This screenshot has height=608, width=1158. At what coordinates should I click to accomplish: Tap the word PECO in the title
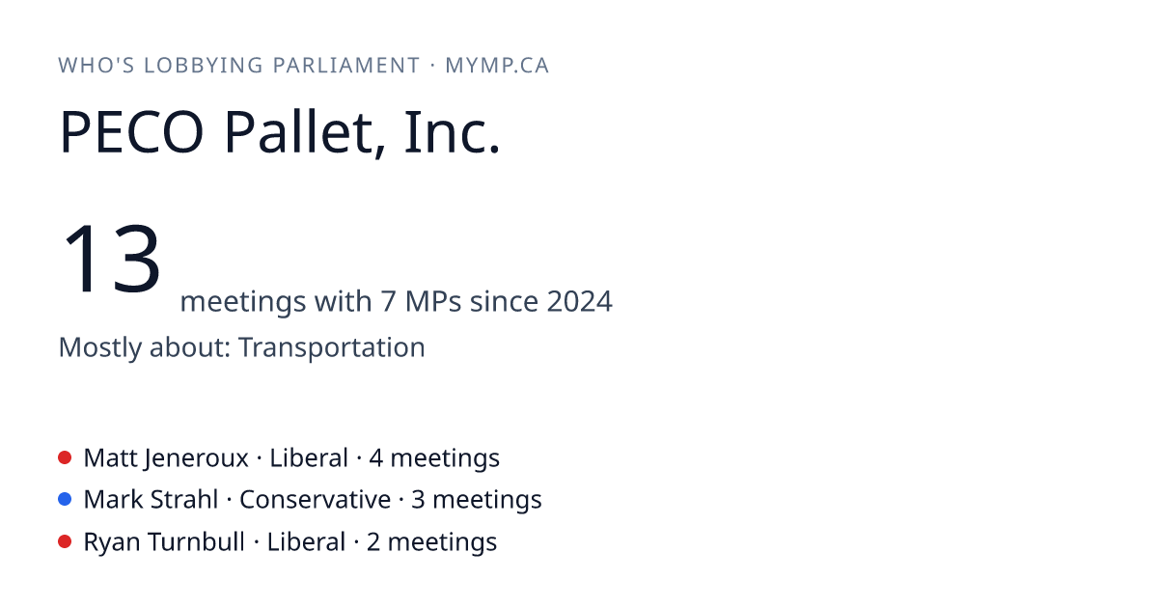[132, 132]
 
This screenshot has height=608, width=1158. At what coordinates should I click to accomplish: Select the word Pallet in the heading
[299, 133]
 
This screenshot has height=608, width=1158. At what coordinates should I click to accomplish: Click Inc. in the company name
[452, 132]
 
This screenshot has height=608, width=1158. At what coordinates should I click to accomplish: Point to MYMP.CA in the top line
[497, 66]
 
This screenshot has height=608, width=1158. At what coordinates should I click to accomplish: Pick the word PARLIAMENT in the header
[346, 66]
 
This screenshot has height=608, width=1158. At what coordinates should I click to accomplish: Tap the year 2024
[580, 301]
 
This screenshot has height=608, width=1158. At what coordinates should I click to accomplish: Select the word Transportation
[331, 346]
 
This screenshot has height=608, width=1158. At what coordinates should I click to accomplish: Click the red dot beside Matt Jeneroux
[65, 457]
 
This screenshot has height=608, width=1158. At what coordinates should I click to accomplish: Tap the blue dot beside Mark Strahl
[65, 499]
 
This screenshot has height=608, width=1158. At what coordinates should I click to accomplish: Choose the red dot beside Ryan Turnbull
[65, 541]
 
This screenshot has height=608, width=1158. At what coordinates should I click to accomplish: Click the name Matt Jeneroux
[166, 458]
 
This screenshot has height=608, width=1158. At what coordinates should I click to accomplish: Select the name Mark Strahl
[151, 500]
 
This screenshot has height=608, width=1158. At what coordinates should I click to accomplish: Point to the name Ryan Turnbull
[164, 541]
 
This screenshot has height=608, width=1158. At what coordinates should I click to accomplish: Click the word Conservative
[315, 500]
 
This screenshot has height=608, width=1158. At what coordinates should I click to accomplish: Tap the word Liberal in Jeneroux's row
[309, 457]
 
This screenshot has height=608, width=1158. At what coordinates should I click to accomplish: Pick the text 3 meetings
[476, 501]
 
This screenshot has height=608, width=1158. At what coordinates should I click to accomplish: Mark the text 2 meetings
[431, 542]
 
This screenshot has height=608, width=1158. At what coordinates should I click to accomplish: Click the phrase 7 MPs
[421, 301]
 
